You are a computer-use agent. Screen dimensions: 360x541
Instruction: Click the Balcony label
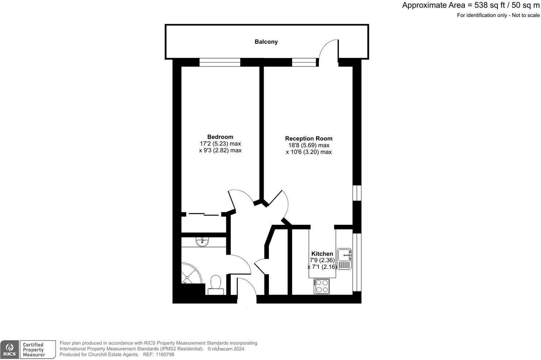(266, 42)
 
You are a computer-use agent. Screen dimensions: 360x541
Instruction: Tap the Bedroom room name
(220, 137)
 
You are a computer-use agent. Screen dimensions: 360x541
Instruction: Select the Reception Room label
(309, 138)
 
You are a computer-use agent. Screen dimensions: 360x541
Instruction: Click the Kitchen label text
(322, 254)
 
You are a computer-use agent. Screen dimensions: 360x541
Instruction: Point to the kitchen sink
(344, 259)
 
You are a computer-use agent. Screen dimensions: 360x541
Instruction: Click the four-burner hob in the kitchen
(321, 286)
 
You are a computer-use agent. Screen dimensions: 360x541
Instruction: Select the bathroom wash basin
(202, 241)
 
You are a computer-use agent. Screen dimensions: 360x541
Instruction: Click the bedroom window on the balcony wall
(220, 63)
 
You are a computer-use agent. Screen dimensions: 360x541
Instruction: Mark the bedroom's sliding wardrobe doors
(203, 214)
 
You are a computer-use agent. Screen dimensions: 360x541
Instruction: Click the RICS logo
(10, 349)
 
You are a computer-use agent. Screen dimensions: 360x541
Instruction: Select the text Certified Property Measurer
(34, 350)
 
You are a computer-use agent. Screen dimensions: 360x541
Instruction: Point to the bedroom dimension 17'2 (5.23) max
(220, 144)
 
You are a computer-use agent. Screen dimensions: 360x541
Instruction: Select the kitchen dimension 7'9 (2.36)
(322, 260)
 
